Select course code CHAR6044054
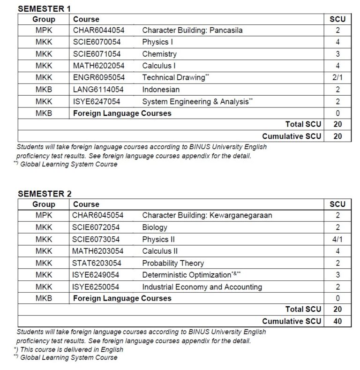(98, 31)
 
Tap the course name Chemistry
(159, 54)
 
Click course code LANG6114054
(98, 90)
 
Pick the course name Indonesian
(161, 90)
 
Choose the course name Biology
(155, 227)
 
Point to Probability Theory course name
(173, 263)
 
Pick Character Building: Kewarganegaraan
(207, 216)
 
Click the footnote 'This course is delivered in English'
(69, 349)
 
